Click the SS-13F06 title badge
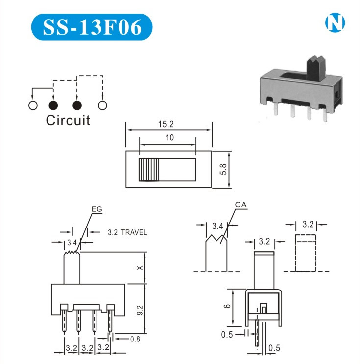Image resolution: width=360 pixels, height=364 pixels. click(92, 27)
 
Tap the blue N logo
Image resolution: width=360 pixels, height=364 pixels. click(335, 23)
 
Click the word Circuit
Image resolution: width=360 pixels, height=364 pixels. click(68, 120)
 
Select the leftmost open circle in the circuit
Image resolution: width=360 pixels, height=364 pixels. click(33, 105)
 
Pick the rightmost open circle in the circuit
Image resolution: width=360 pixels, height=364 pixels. click(102, 105)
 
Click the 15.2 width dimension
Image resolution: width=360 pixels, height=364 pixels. click(166, 124)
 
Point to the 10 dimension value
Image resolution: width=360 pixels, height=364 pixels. click(169, 137)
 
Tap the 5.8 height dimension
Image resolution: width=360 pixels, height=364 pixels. click(223, 169)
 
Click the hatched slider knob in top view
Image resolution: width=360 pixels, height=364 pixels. click(149, 169)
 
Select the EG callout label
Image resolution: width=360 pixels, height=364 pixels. click(96, 209)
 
